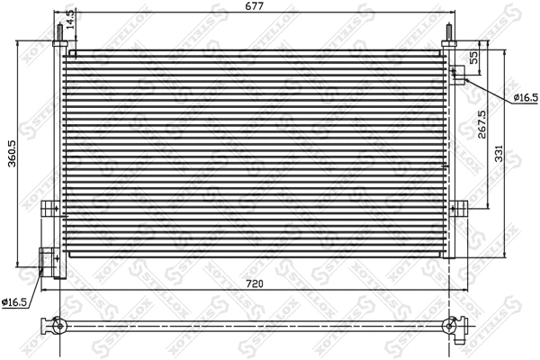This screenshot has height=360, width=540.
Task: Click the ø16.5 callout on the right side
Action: (x=526, y=97)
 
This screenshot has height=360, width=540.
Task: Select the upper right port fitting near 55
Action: (x=457, y=75)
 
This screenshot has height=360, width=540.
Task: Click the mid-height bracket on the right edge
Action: (x=459, y=208)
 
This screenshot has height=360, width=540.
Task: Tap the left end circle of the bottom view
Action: (x=60, y=325)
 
